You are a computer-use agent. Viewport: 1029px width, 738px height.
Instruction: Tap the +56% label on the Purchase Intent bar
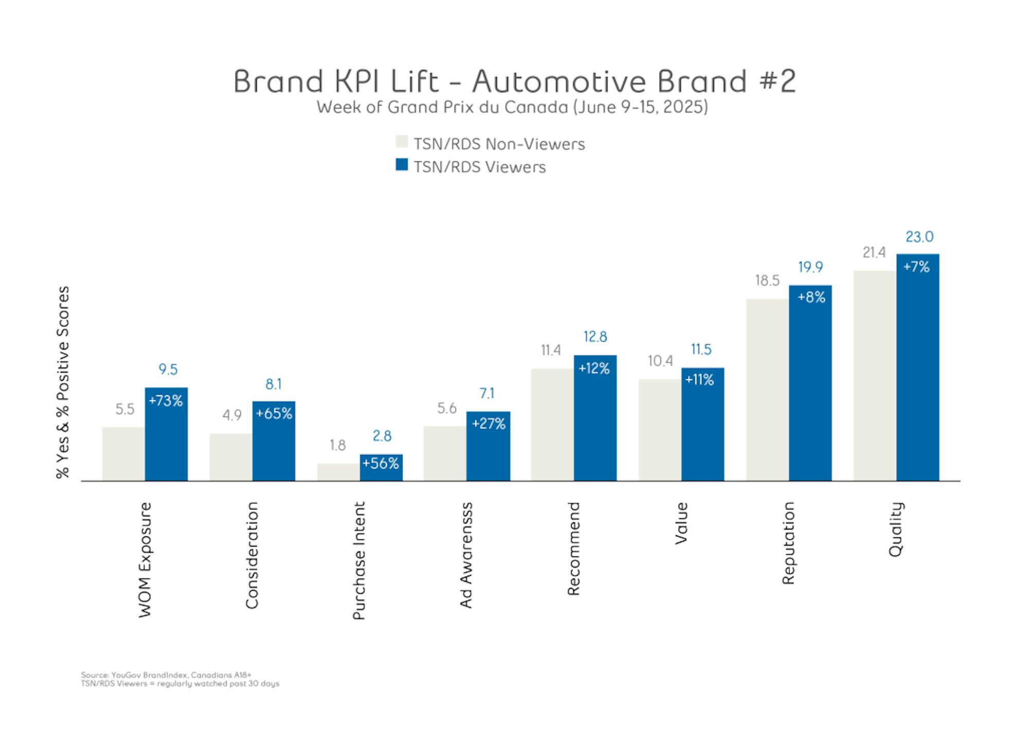click(381, 463)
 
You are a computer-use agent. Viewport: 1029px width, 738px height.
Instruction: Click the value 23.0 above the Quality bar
click(919, 237)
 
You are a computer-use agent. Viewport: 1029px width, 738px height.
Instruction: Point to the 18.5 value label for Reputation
click(767, 280)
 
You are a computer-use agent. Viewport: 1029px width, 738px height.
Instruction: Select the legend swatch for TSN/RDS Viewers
click(402, 165)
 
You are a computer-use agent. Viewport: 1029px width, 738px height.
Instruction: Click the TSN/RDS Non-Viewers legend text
click(499, 144)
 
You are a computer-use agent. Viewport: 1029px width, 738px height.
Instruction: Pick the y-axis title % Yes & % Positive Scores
click(63, 382)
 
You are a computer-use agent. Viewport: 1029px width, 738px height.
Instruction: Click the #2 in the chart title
click(777, 81)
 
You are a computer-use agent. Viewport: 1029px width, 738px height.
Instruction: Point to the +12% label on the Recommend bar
click(594, 368)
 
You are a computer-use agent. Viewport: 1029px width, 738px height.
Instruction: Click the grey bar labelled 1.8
click(338, 472)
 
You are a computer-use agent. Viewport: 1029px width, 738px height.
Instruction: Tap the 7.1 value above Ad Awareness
click(487, 393)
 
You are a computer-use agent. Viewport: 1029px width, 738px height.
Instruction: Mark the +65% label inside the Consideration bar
click(274, 413)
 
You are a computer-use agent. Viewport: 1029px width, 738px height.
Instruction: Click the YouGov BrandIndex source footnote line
click(166, 675)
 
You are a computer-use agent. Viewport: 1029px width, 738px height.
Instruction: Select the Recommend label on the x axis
click(574, 549)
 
